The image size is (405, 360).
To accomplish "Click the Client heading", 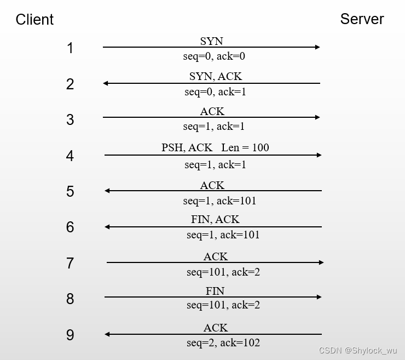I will coord(34,20).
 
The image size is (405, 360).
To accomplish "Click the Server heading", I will coord(362,19).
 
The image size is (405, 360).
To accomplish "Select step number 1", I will coord(70,48).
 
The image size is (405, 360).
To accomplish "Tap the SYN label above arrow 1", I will coord(211,41).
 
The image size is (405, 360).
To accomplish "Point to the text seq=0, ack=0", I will coord(214,56).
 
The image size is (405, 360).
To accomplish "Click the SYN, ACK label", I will coord(216,76).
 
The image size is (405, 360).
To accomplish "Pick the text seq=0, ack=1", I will coord(215,92).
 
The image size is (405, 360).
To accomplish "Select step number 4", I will coord(70,156).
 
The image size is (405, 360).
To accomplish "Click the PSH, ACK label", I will coord(187,147).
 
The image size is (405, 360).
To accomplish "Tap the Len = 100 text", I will coord(245,147).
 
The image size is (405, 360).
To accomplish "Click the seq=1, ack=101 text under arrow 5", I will coord(219,201).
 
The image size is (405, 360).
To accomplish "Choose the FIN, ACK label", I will coord(215,219).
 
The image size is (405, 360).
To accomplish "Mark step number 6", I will coord(70,227).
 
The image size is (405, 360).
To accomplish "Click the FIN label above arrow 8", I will coord(215,290).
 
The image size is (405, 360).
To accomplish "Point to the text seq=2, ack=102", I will coord(223,343).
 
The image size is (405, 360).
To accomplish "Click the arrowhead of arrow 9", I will coord(107,334).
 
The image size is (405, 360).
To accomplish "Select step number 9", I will coord(70,335).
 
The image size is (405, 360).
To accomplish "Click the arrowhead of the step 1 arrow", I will coord(317,47).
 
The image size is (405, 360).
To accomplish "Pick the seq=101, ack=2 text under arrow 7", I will coord(223,272).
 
